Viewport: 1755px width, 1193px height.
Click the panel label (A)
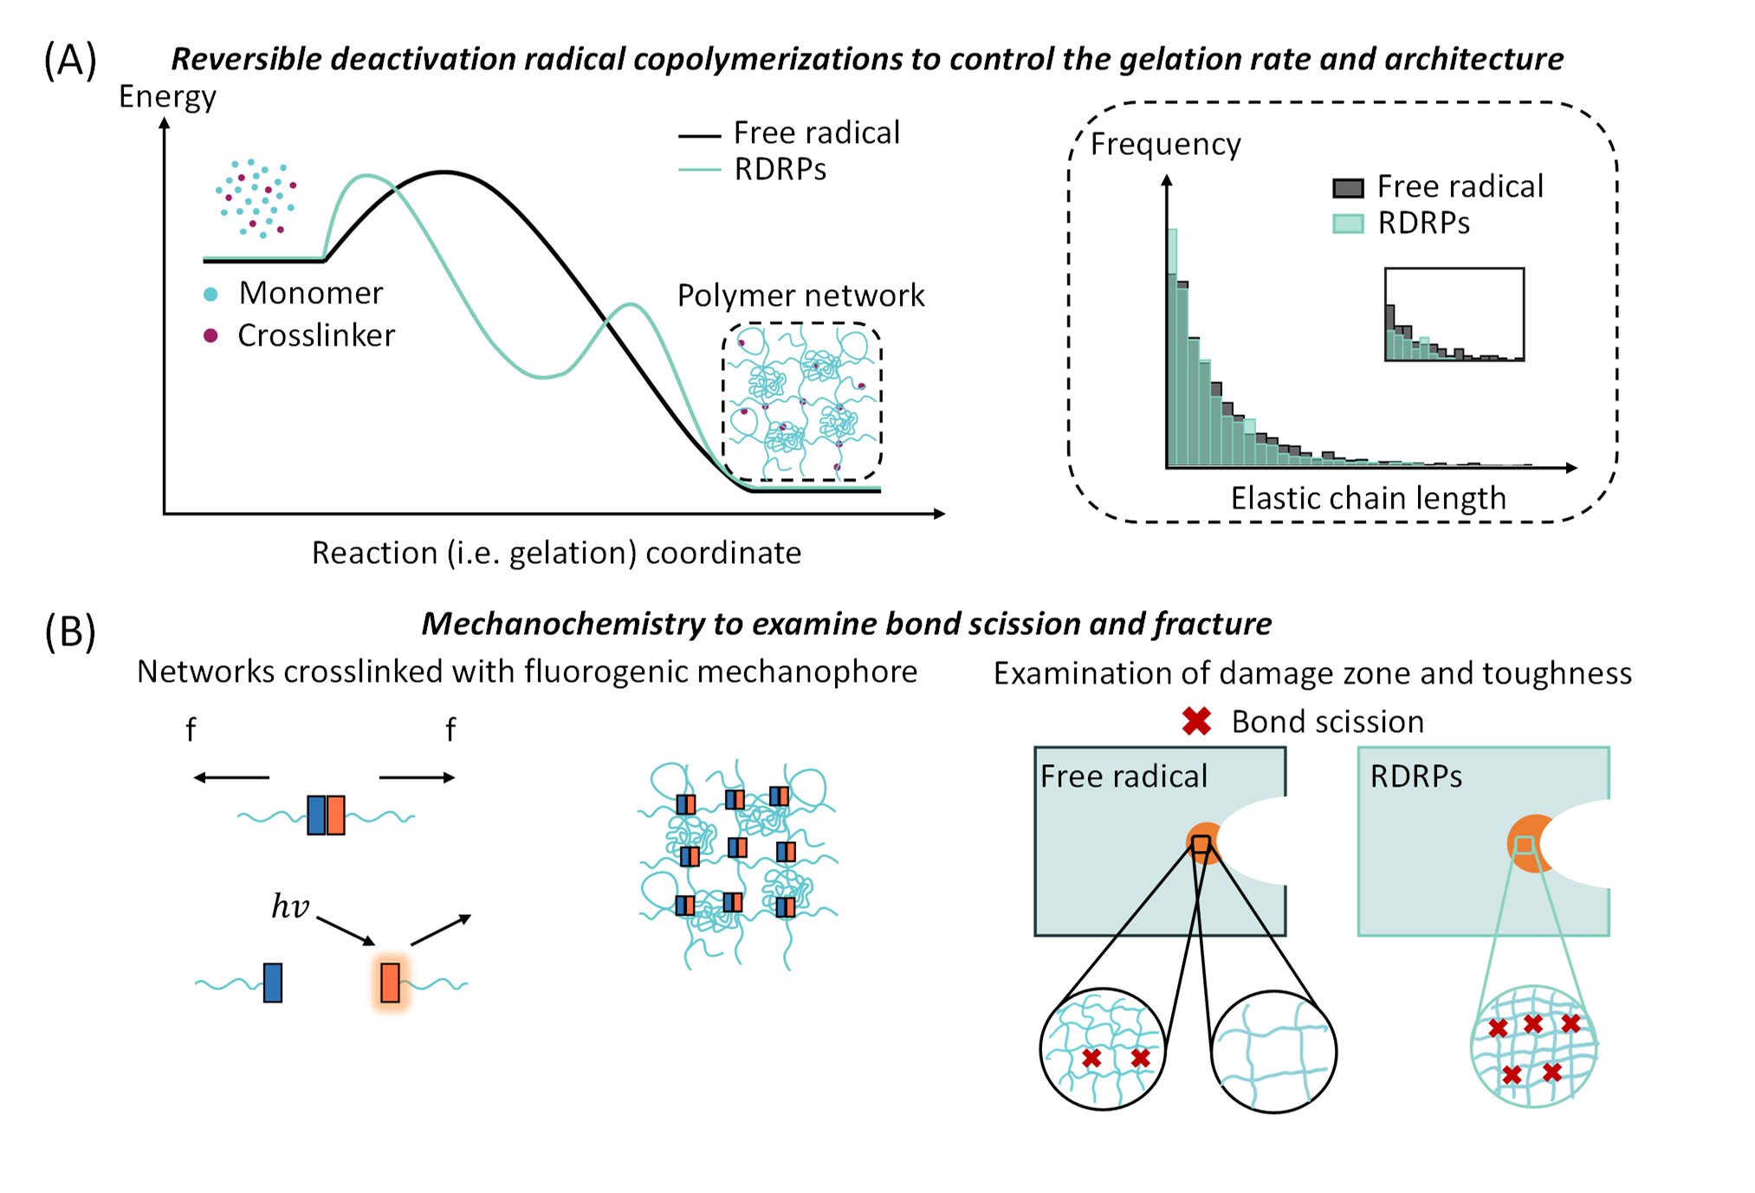[69, 61]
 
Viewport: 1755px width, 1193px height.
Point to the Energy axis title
[167, 96]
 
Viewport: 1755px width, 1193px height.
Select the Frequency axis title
[1165, 144]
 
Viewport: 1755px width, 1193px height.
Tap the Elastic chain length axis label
[1368, 498]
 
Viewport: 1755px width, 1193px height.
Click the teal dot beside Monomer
[210, 295]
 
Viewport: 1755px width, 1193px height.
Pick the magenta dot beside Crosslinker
[210, 336]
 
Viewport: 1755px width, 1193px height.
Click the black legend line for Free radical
[699, 136]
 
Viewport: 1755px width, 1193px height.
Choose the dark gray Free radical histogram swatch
[1348, 187]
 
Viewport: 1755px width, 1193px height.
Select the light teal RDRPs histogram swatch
[1348, 224]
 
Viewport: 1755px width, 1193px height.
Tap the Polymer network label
[800, 295]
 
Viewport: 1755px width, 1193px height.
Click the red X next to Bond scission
[1196, 721]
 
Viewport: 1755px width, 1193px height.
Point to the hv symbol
[290, 906]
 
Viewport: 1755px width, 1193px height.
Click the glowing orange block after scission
[391, 982]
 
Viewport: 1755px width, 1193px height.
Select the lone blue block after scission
[273, 982]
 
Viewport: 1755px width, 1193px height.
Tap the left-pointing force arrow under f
[230, 777]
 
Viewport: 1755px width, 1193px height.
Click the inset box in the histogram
[1454, 314]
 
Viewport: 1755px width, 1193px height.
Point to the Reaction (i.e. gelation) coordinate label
[556, 553]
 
